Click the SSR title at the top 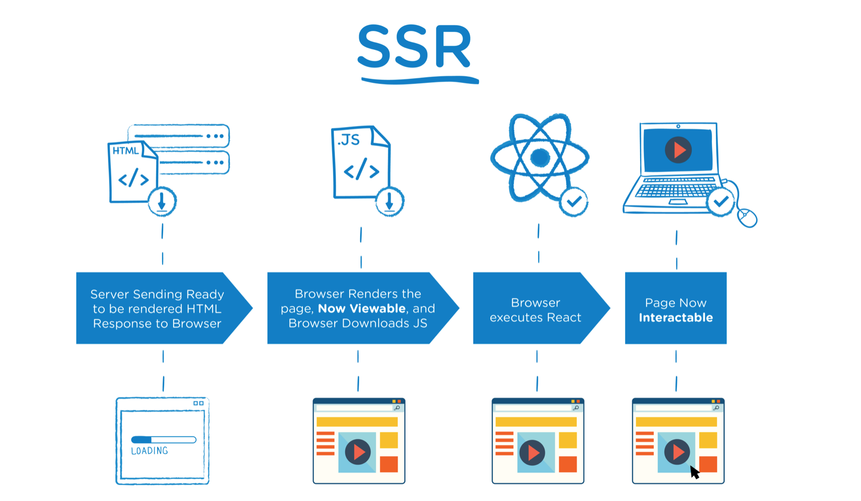[x=415, y=46]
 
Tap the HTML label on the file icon [x=125, y=151]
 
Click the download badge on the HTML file [x=162, y=202]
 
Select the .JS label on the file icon [x=348, y=140]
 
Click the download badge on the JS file [x=390, y=202]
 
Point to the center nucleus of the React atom [x=540, y=158]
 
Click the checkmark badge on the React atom [x=574, y=202]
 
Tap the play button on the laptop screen [x=678, y=150]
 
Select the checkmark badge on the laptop [x=720, y=202]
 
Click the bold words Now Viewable [x=362, y=309]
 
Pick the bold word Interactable [x=675, y=318]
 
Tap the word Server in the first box [x=109, y=294]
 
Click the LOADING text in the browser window [x=149, y=451]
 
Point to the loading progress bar [x=164, y=440]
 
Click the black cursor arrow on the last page [x=694, y=472]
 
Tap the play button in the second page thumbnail [x=358, y=452]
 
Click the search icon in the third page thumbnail [x=576, y=408]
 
